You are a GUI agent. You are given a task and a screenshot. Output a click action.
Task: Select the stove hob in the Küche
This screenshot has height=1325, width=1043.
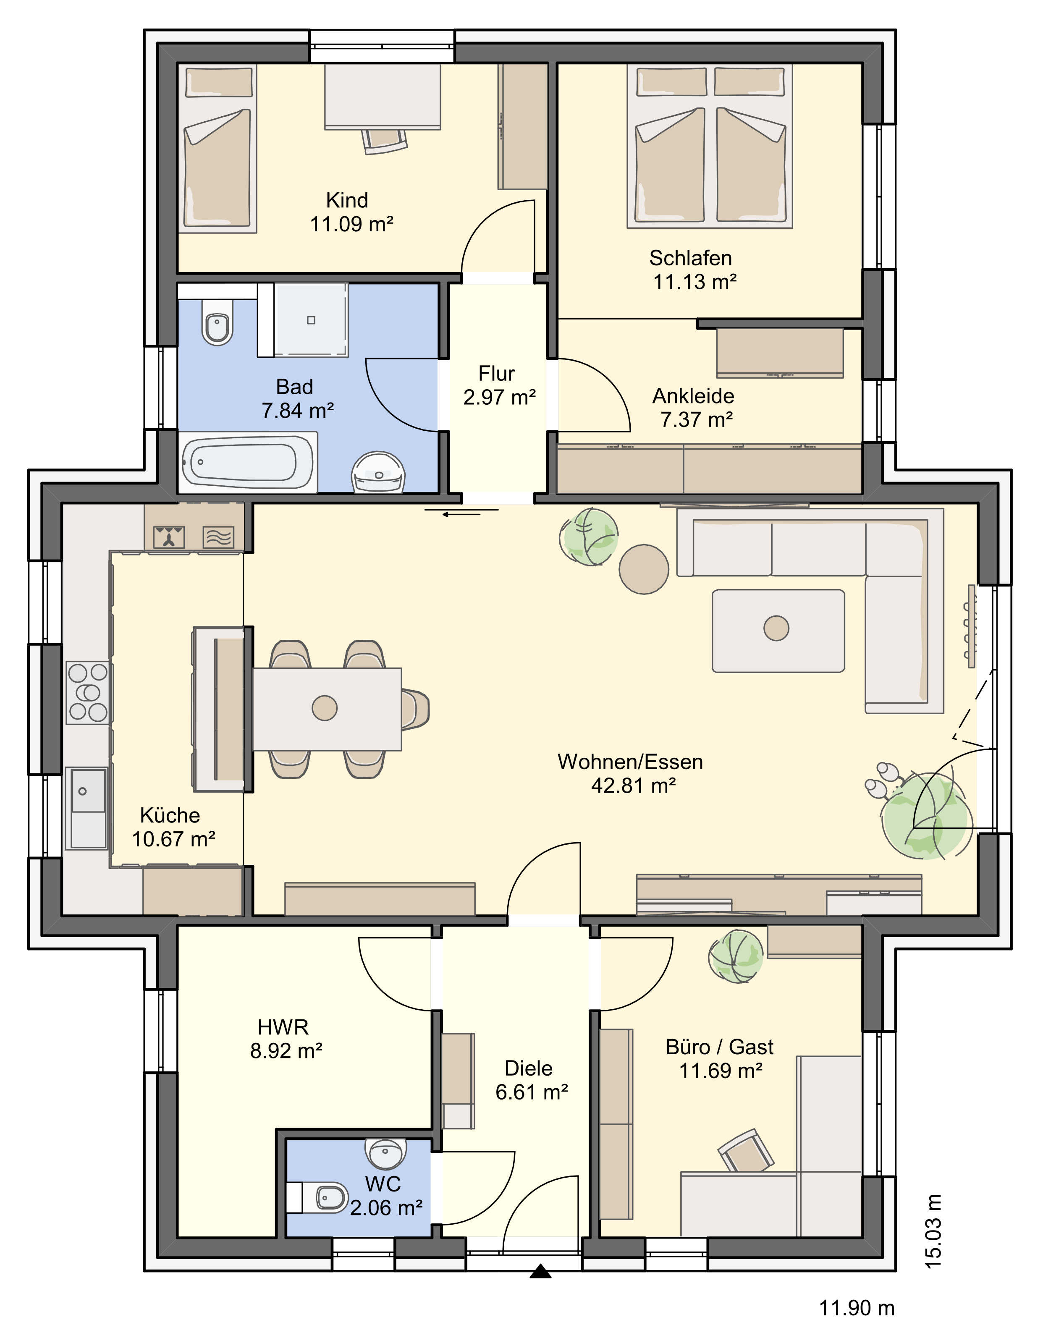(88, 692)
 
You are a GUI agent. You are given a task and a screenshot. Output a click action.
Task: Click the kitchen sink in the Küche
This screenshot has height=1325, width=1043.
(88, 808)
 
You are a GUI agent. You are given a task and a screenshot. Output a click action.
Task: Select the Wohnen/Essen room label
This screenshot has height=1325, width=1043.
(630, 762)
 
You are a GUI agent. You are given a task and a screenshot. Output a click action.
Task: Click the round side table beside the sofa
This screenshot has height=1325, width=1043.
(644, 568)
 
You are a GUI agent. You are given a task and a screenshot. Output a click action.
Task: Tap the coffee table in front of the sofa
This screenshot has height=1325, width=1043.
(778, 631)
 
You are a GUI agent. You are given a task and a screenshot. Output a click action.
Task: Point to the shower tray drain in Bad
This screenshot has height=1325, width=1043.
(312, 320)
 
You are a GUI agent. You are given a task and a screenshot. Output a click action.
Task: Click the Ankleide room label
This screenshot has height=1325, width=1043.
(693, 396)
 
